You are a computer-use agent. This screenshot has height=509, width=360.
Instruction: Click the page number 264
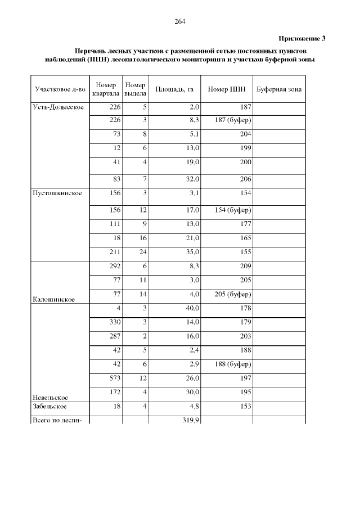pyautogui.click(x=180, y=21)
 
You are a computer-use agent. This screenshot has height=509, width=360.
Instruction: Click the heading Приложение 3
pyautogui.click(x=302, y=38)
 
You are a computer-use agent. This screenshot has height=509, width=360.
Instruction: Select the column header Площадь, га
pyautogui.click(x=174, y=89)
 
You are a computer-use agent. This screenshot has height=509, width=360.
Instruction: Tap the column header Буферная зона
pyautogui.click(x=278, y=89)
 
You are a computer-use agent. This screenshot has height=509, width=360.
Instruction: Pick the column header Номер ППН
pyautogui.click(x=226, y=89)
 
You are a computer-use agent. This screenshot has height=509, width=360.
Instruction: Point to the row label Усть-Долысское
pyautogui.click(x=59, y=107)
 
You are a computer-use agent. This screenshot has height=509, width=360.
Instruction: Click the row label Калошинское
pyautogui.click(x=55, y=299)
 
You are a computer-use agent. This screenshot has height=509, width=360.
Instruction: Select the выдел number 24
pyautogui.click(x=143, y=251)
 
